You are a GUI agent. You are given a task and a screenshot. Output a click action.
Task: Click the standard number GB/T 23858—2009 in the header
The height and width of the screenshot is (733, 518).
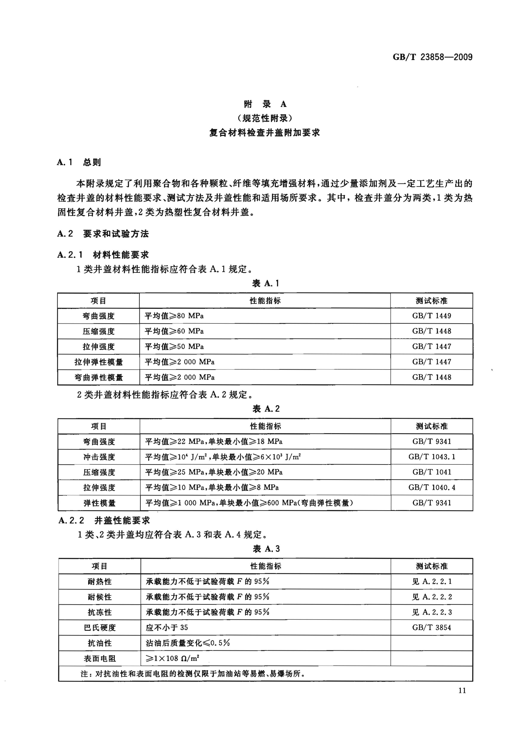click(432, 57)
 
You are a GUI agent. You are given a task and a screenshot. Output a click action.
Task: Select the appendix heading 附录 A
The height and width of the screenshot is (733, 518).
click(265, 104)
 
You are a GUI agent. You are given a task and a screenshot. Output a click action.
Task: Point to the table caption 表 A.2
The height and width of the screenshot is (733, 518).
click(266, 409)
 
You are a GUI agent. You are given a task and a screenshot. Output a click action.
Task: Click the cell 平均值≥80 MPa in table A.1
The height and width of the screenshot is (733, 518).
click(174, 316)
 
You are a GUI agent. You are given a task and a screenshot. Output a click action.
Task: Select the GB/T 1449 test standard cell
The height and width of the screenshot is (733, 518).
click(432, 316)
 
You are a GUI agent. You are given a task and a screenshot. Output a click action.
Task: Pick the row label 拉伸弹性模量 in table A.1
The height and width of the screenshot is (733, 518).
click(98, 362)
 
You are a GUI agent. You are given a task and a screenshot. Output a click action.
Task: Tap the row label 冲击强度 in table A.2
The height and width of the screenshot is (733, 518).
click(99, 457)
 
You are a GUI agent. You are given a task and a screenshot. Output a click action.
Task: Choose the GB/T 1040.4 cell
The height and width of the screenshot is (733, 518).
click(432, 487)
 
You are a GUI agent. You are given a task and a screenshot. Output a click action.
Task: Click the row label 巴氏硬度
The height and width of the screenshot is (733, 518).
click(100, 627)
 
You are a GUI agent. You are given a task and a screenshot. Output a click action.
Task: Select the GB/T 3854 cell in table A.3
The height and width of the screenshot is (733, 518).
click(432, 627)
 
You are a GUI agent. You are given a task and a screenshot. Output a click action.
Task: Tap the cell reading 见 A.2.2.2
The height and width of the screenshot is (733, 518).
click(432, 597)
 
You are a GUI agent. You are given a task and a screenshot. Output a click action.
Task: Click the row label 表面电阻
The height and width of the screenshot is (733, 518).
click(100, 658)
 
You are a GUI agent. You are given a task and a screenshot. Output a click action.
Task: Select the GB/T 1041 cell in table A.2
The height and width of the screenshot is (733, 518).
click(432, 472)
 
